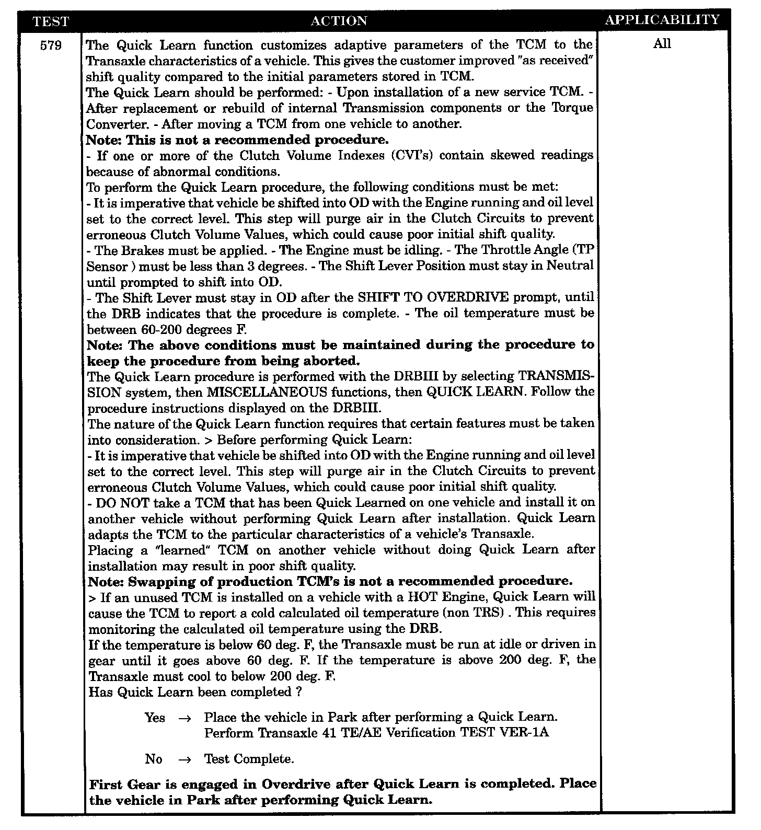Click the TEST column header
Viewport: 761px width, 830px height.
[x=50, y=21]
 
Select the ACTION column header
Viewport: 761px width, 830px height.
[x=339, y=21]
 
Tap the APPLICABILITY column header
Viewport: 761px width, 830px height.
[x=662, y=20]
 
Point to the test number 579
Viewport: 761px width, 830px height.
[x=51, y=45]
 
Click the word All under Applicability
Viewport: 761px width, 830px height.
[x=662, y=44]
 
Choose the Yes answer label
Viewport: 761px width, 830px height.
[x=155, y=718]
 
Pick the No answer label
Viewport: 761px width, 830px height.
[x=154, y=759]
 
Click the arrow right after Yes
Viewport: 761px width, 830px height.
[x=185, y=718]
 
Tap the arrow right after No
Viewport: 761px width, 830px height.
[x=185, y=759]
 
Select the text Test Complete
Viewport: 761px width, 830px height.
[x=249, y=759]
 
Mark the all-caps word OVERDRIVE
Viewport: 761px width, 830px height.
[x=468, y=298]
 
